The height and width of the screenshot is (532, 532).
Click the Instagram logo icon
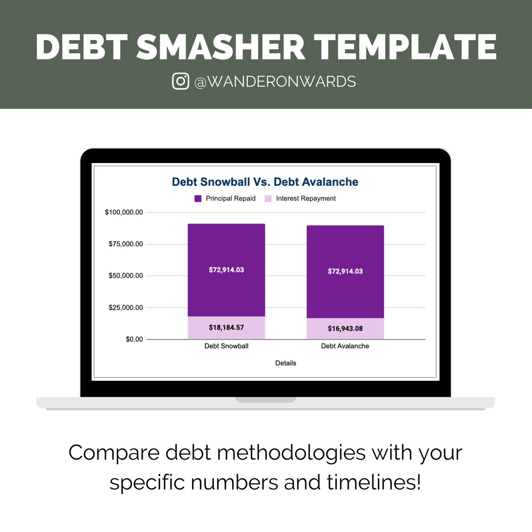click(181, 81)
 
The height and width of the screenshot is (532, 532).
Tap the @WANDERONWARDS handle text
click(275, 81)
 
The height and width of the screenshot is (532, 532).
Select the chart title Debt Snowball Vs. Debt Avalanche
click(265, 182)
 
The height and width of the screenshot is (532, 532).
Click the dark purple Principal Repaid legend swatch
click(198, 199)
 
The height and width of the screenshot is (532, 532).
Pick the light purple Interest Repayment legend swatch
click(268, 199)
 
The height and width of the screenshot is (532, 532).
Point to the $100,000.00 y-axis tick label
click(124, 212)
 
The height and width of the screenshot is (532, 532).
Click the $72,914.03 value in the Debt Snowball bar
click(226, 269)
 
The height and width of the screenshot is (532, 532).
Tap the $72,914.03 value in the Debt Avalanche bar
click(345, 271)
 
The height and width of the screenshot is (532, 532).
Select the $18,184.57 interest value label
click(226, 327)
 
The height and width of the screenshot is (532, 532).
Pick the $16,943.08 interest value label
click(345, 328)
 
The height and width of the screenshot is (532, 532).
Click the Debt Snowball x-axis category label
click(226, 346)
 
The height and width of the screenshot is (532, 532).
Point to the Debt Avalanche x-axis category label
click(345, 346)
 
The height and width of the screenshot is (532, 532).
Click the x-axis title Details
click(286, 363)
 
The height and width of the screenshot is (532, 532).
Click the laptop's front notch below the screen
click(266, 399)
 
